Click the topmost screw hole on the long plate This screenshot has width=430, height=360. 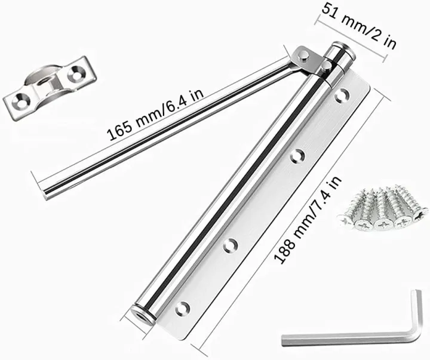(x=343, y=96)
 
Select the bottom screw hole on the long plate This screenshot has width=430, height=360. (x=183, y=309)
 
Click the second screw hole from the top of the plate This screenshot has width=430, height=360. (x=297, y=156)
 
